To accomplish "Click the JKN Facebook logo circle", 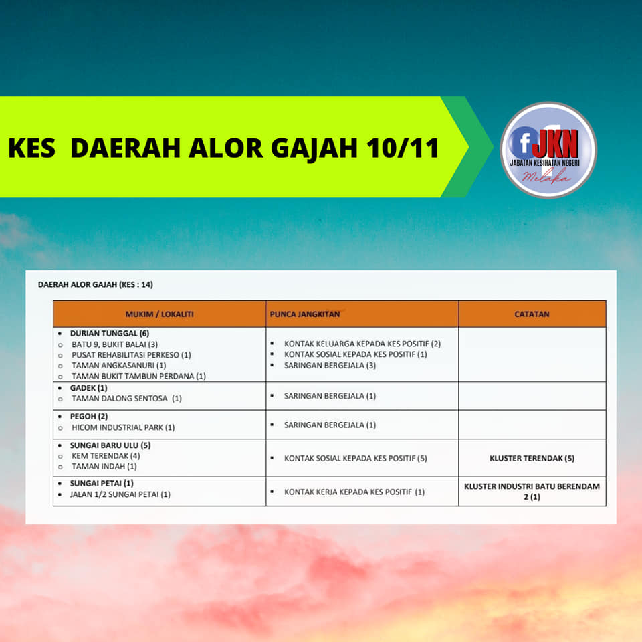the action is pyautogui.click(x=548, y=150).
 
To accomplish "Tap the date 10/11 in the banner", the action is pyautogui.click(x=403, y=148).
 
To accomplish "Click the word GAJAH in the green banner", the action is pyautogui.click(x=314, y=148).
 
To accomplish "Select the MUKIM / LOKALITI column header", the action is pyautogui.click(x=159, y=314).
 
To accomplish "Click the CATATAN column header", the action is pyautogui.click(x=532, y=314).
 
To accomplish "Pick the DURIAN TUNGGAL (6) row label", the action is pyautogui.click(x=110, y=333).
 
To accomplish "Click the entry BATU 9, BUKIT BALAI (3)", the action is pyautogui.click(x=114, y=344).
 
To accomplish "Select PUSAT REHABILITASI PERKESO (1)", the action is pyautogui.click(x=132, y=355).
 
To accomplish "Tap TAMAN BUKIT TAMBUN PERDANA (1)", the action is pyautogui.click(x=139, y=376).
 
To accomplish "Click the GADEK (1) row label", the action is pyautogui.click(x=88, y=388).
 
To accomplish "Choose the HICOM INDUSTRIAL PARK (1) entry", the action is pyautogui.click(x=123, y=427).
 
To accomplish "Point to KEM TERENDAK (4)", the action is pyautogui.click(x=106, y=455).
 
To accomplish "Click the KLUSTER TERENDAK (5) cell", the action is pyautogui.click(x=532, y=458).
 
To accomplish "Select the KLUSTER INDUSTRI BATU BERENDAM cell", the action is pyautogui.click(x=532, y=492).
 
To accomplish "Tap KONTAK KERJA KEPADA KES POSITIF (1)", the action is pyautogui.click(x=354, y=492).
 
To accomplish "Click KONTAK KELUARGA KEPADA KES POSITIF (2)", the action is pyautogui.click(x=362, y=344).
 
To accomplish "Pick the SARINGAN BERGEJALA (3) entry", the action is pyautogui.click(x=330, y=365).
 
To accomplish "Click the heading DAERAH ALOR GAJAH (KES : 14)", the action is pyautogui.click(x=96, y=284).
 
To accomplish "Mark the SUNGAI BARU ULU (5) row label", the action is pyautogui.click(x=110, y=445).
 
